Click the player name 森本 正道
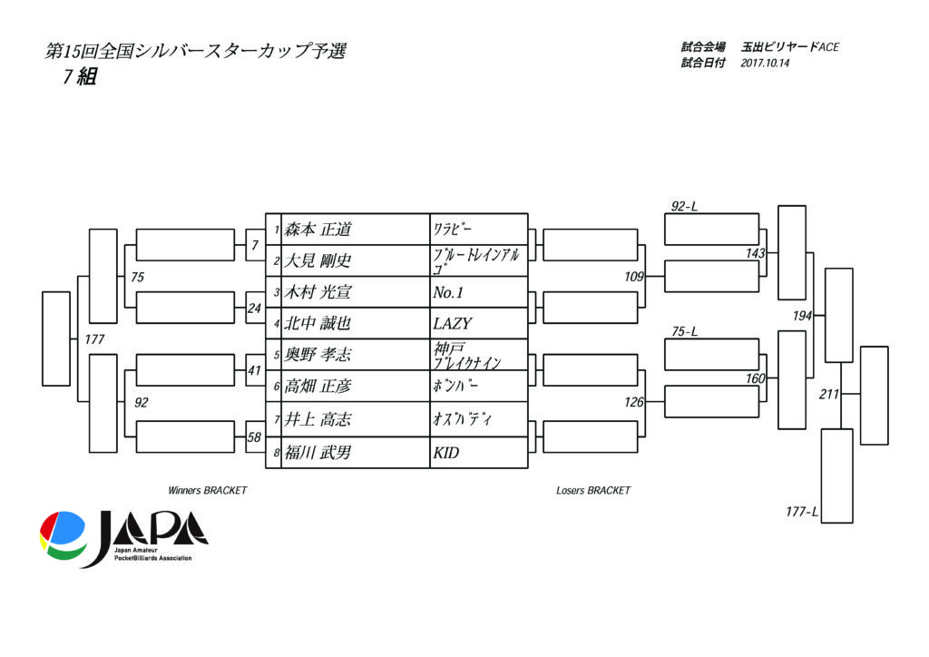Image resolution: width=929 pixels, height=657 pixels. (x=318, y=230)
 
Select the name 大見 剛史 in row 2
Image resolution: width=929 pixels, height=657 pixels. (x=318, y=261)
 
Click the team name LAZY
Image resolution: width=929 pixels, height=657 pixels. (x=453, y=323)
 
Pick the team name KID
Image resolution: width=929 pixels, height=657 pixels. (x=446, y=452)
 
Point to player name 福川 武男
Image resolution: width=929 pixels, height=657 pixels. (x=318, y=452)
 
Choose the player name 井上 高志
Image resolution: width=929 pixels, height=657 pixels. (x=318, y=419)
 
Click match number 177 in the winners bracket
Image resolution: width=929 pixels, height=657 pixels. (x=94, y=339)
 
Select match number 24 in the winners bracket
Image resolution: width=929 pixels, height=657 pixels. (x=254, y=308)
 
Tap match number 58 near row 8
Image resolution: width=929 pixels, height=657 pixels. (x=254, y=437)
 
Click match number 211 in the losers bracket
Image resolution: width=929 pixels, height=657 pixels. (x=829, y=394)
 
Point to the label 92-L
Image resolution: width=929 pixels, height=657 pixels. (x=684, y=207)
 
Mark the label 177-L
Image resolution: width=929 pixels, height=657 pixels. (x=802, y=512)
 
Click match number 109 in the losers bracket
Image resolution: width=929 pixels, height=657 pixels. (x=633, y=277)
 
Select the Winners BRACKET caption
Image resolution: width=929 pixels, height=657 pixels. (x=207, y=490)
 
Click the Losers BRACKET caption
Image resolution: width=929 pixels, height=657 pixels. (x=592, y=490)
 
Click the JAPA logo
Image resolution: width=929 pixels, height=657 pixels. (x=123, y=539)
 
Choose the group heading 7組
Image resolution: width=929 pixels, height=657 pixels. (x=79, y=78)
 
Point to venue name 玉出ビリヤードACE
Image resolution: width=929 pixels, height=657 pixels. (x=789, y=47)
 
